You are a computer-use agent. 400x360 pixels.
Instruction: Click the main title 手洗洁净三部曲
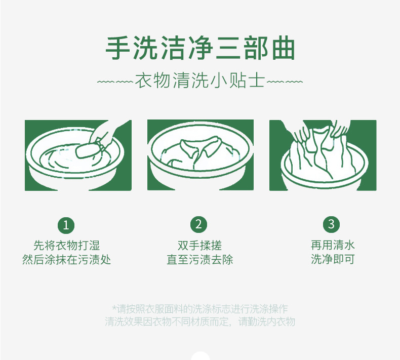pyautogui.click(x=200, y=49)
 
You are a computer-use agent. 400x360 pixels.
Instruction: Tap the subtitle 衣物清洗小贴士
pyautogui.click(x=200, y=81)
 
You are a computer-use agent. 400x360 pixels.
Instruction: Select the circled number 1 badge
pyautogui.click(x=66, y=224)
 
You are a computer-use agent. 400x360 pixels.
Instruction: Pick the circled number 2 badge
pyautogui.click(x=198, y=224)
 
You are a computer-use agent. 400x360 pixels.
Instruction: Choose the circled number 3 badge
pyautogui.click(x=332, y=224)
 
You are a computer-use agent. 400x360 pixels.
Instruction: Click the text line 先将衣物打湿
pyautogui.click(x=66, y=246)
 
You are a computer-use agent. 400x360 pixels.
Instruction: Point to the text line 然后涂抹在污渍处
pyautogui.click(x=66, y=260)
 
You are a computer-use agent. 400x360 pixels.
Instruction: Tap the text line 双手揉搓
pyautogui.click(x=199, y=246)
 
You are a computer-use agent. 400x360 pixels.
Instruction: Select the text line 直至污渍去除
pyautogui.click(x=199, y=260)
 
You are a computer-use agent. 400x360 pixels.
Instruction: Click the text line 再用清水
pyautogui.click(x=333, y=246)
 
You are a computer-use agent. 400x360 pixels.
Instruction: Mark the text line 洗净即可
pyautogui.click(x=333, y=260)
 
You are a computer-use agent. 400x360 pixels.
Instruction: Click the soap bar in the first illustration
pyautogui.click(x=88, y=150)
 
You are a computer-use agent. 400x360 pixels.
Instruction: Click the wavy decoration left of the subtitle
pyautogui.click(x=114, y=82)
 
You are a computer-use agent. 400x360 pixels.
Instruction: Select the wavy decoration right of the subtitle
pyautogui.click(x=285, y=82)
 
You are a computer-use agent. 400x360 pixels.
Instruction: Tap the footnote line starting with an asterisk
pyautogui.click(x=199, y=309)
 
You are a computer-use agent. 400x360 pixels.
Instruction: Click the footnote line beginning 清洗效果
pyautogui.click(x=199, y=322)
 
